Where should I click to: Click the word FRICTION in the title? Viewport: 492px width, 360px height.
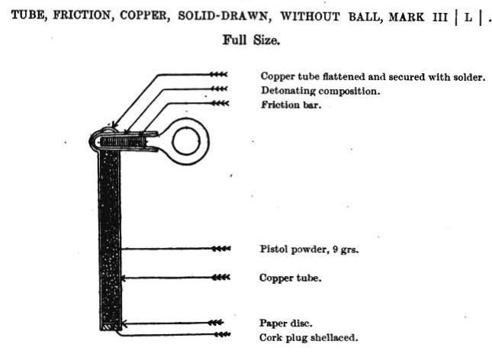coord(82,15)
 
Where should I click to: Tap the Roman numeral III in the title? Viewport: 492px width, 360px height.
coord(440,17)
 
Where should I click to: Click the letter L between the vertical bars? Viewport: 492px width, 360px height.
coord(468,18)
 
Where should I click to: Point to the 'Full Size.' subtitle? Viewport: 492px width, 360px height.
coord(251,40)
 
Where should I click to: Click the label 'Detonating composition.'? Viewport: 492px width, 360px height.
coord(320,91)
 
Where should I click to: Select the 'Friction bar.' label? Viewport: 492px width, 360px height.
coord(291,104)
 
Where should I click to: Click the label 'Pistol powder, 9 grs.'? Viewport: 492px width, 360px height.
coord(309,249)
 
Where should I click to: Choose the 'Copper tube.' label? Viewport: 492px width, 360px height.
coord(291,278)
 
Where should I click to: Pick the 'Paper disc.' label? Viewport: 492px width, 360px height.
coord(286,323)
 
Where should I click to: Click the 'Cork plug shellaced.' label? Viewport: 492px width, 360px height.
coord(308,338)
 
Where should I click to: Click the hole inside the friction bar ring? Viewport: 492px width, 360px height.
coord(186,141)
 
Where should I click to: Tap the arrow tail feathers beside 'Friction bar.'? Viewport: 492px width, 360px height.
coord(220,103)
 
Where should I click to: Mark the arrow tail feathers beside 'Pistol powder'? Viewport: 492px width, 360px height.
coord(221,249)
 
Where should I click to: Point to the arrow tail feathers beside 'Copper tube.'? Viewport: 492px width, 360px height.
coord(221,277)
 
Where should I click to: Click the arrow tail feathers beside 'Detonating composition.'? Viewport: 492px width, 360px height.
coord(219,88)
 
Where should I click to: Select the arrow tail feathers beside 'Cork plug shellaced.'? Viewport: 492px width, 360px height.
coord(222,335)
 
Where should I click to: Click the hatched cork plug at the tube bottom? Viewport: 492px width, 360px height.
coord(111,327)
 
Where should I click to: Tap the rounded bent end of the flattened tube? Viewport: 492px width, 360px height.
coord(94,140)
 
